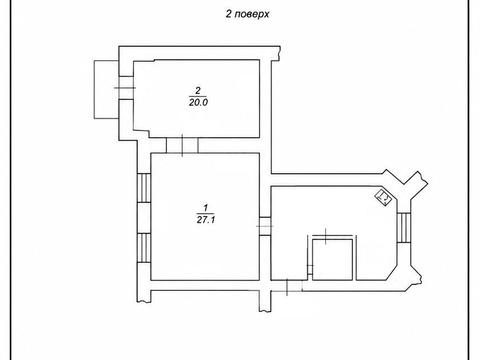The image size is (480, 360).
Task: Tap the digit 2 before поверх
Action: coord(229,14)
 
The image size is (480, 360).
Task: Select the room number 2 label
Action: coord(198,90)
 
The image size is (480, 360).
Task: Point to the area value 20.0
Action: coord(198,102)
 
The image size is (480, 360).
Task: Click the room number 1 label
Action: coord(206,208)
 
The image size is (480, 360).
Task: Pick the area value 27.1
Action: coord(206,220)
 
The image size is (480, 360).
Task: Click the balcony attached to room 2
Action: coord(107,89)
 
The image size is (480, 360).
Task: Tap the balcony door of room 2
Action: coord(126,88)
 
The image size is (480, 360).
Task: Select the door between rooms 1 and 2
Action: coord(182,145)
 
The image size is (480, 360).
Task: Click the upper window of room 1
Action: coord(144,188)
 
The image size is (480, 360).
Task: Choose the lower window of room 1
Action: coord(144,248)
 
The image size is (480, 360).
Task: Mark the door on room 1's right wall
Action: coord(265,226)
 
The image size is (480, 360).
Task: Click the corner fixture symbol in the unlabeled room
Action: coord(383,197)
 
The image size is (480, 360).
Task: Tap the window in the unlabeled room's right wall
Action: coord(404,228)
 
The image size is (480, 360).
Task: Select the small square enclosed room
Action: coord(332,259)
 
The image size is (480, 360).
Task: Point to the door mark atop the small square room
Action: coord(326,236)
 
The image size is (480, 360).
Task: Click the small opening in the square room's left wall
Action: coord(310,270)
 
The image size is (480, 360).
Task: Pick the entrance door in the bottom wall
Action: coord(287,287)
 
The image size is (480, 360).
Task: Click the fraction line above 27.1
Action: coord(206,214)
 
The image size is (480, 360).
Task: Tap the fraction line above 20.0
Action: coord(198,96)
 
